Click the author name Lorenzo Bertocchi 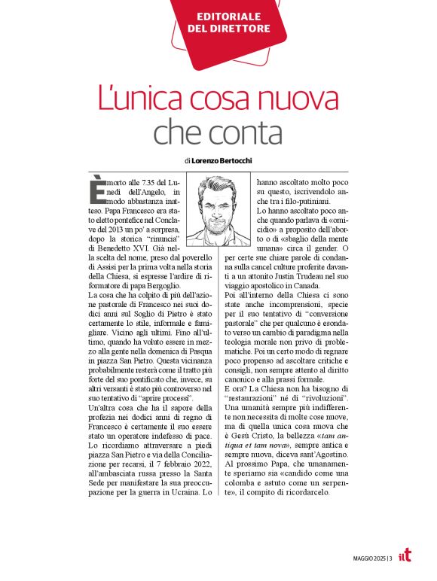click(224, 160)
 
